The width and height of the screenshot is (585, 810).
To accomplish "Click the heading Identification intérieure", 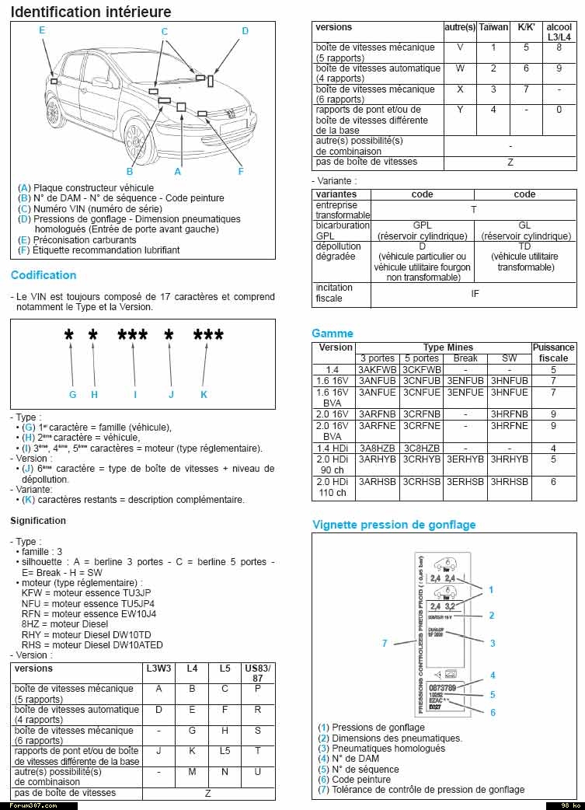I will (x=91, y=12).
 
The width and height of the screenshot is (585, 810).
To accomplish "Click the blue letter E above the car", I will (x=42, y=30).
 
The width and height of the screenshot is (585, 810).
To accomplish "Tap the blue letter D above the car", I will (x=245, y=31).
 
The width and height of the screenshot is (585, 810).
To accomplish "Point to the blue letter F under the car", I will (x=241, y=172).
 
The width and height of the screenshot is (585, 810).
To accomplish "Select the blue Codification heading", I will (x=44, y=275).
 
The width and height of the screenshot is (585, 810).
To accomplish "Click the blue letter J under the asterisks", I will (x=171, y=395).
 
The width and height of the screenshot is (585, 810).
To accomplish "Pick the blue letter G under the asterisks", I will (x=72, y=395).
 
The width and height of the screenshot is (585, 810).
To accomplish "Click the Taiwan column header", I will (x=493, y=27).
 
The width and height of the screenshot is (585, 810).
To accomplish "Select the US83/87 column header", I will (x=258, y=673).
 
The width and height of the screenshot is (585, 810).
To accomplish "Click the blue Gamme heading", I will (x=333, y=333).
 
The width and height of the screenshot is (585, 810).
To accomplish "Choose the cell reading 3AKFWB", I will (x=378, y=370).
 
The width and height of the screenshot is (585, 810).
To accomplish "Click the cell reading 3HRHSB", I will (x=510, y=482).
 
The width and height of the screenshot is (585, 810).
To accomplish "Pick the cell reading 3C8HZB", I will (x=422, y=449).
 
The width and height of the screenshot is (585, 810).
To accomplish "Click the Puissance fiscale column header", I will (x=554, y=353).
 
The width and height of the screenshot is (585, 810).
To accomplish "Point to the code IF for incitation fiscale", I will (x=474, y=294).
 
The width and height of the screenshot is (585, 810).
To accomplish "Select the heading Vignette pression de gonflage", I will (x=394, y=525).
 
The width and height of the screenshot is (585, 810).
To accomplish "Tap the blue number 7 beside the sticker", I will (x=384, y=643).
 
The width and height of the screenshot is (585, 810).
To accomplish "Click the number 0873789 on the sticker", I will (x=442, y=688).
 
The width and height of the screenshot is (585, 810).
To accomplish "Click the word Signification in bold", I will (x=38, y=521).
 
